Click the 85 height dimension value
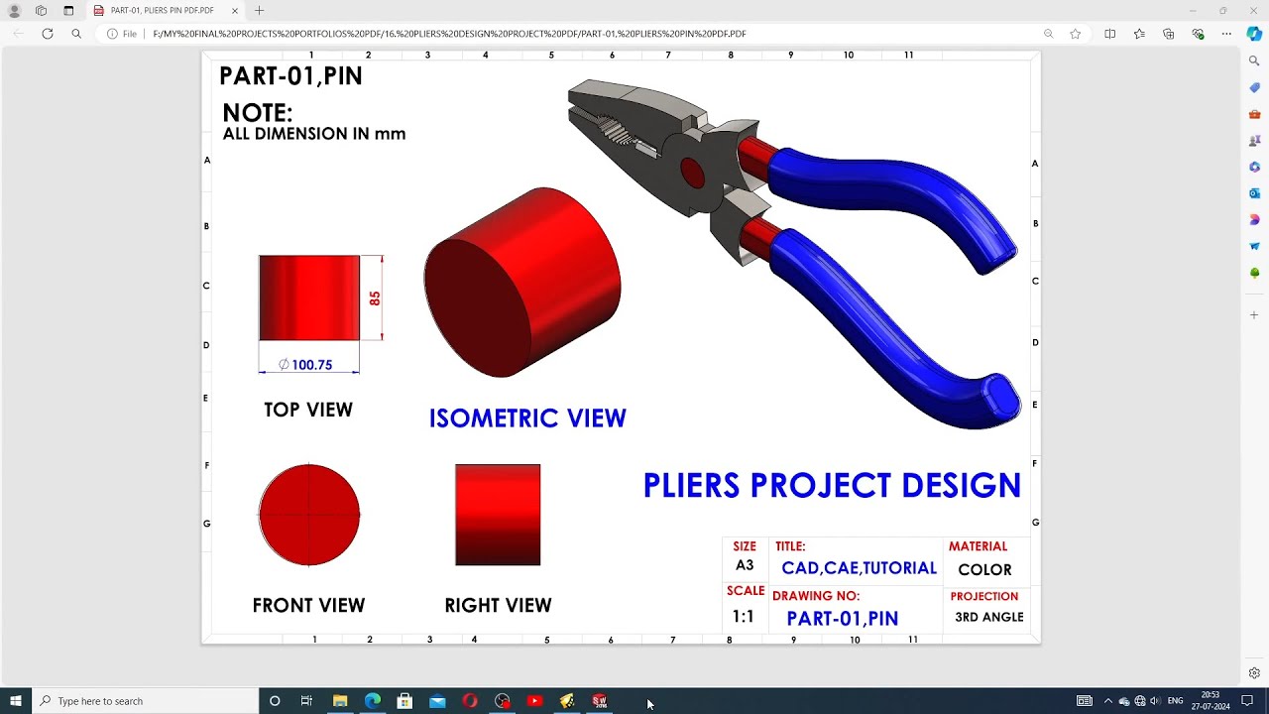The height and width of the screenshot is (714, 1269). (x=375, y=297)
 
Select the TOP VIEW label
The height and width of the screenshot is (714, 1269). (x=308, y=410)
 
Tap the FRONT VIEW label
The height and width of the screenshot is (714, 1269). (x=308, y=605)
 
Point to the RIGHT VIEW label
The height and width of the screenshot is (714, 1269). (x=498, y=605)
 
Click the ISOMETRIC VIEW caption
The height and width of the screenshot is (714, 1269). (x=527, y=418)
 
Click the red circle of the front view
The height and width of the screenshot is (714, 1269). (x=309, y=515)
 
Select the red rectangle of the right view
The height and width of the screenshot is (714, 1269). (x=498, y=515)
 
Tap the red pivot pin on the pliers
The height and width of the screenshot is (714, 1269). (x=692, y=173)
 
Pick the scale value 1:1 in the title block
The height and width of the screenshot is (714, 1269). (x=744, y=617)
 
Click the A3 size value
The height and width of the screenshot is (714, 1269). (x=745, y=565)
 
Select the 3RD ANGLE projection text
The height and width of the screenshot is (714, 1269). (x=988, y=617)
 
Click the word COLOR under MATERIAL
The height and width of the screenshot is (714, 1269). (x=984, y=570)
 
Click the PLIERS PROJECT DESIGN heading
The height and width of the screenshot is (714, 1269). (x=832, y=486)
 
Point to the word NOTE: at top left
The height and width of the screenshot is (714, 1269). (x=258, y=113)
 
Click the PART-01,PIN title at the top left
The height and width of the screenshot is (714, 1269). (x=290, y=76)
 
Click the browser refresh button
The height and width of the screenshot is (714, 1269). (x=47, y=34)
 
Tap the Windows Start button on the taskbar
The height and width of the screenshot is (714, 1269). (x=16, y=701)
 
